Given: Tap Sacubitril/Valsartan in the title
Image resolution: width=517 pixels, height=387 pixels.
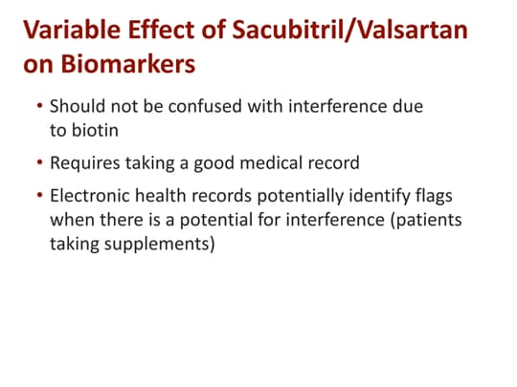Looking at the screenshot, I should coord(350,31).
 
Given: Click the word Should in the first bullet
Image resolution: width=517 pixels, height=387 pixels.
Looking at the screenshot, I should coord(76,108).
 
